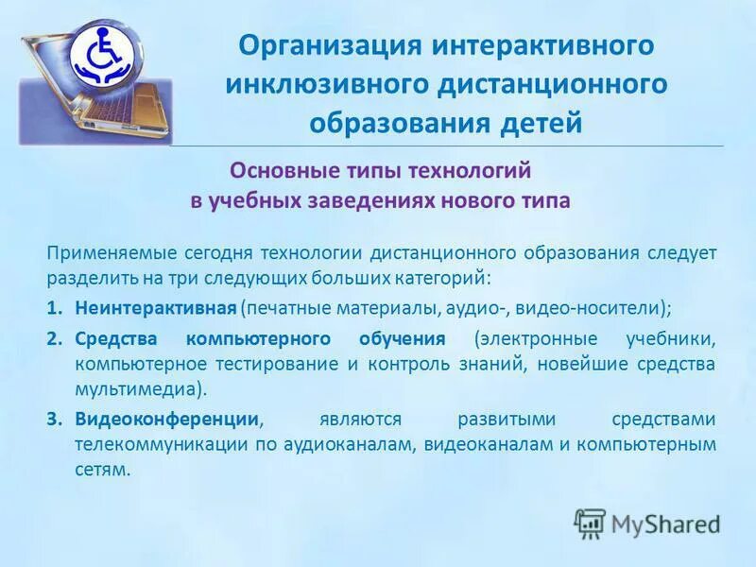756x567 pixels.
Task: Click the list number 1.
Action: click(56, 308)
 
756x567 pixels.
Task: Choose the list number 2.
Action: click(56, 338)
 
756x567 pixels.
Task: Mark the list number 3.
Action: click(56, 419)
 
